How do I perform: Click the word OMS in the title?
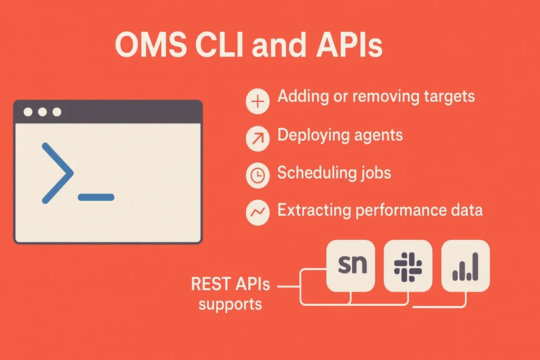pyautogui.click(x=151, y=45)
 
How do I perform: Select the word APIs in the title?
pyautogui.click(x=349, y=45)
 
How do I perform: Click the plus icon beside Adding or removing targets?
pyautogui.click(x=257, y=101)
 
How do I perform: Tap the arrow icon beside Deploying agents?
pyautogui.click(x=257, y=139)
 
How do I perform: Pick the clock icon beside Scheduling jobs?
pyautogui.click(x=257, y=176)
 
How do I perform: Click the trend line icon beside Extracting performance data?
pyautogui.click(x=257, y=213)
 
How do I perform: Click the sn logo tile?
pyautogui.click(x=351, y=266)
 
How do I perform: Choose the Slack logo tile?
pyautogui.click(x=408, y=266)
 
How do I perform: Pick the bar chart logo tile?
pyautogui.click(x=466, y=266)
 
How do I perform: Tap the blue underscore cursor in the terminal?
pyautogui.click(x=96, y=197)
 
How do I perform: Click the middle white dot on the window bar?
pyautogui.click(x=42, y=112)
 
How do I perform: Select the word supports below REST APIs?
pyautogui.click(x=230, y=305)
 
